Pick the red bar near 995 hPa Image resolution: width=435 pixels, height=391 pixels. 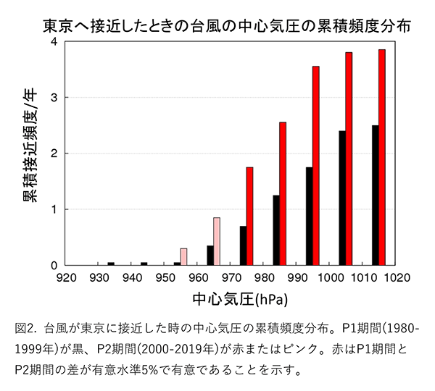316,166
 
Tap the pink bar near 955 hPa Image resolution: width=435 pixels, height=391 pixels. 183,256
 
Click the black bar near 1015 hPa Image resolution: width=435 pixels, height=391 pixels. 375,195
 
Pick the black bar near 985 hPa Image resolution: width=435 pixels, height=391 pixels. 276,230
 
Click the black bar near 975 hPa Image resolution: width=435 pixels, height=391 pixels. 243,245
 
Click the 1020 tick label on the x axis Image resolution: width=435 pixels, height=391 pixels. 397,276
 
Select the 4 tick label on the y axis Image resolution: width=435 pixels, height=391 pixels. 54,42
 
